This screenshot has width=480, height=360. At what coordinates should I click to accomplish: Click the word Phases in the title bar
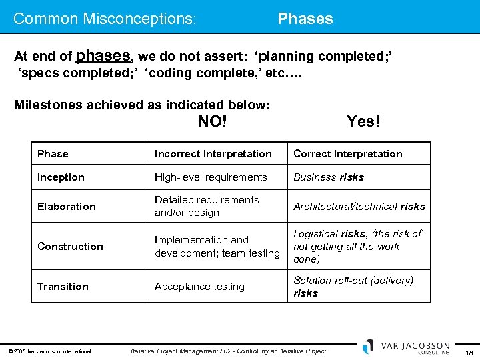click(305, 19)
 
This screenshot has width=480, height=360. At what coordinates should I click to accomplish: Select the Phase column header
click(53, 154)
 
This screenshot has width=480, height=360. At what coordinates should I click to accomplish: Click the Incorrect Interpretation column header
click(213, 154)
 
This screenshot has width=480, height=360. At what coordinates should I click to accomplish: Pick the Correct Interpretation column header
click(348, 154)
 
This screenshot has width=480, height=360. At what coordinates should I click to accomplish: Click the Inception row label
click(61, 177)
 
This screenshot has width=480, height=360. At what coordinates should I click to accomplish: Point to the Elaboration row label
click(67, 207)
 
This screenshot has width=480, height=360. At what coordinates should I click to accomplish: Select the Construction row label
click(70, 247)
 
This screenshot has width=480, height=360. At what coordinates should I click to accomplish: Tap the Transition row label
click(63, 287)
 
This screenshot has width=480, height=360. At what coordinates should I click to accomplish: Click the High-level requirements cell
click(211, 177)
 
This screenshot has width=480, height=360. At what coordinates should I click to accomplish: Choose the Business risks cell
click(329, 177)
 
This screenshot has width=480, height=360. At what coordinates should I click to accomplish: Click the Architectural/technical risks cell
click(359, 207)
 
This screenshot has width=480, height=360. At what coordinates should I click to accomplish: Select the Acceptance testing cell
click(199, 287)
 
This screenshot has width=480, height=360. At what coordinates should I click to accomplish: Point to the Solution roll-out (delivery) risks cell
click(353, 287)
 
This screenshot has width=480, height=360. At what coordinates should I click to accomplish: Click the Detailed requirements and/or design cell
click(207, 207)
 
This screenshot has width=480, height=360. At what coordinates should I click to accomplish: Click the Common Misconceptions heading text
click(105, 19)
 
